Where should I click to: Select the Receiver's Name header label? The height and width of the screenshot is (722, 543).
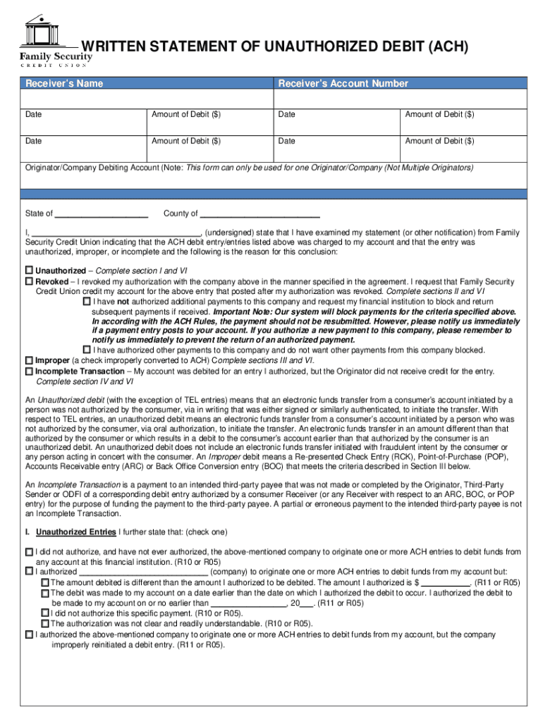(64, 84)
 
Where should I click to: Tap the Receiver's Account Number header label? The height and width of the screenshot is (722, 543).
(343, 84)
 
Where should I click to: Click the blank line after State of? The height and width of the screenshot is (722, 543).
(101, 214)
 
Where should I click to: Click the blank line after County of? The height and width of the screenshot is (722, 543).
(260, 214)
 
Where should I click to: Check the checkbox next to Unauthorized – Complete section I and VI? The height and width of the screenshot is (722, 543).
(30, 271)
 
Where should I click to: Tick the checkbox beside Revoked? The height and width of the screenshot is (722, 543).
(30, 281)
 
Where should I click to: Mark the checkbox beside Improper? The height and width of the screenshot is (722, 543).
(30, 360)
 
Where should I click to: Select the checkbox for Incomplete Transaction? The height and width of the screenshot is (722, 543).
(30, 371)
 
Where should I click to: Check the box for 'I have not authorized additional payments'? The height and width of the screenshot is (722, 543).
(87, 301)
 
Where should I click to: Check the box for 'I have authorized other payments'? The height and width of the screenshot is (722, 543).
(87, 350)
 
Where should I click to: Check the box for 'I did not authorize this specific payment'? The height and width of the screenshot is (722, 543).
(45, 613)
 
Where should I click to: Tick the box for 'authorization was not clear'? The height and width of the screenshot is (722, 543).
(45, 624)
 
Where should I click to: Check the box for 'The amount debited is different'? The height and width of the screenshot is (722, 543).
(45, 583)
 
